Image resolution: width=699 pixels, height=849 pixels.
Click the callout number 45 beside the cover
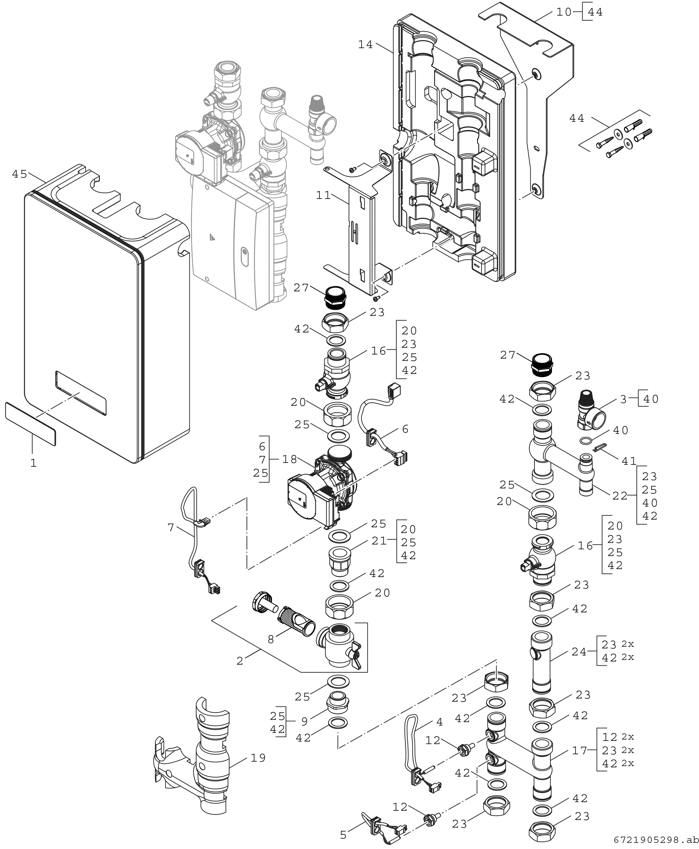(x=19, y=174)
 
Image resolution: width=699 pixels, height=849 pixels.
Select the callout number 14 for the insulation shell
(x=366, y=45)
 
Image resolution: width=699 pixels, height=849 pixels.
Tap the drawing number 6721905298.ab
(x=656, y=840)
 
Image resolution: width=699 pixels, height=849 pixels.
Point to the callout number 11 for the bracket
(x=323, y=196)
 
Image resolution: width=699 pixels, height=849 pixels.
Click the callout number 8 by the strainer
(x=271, y=640)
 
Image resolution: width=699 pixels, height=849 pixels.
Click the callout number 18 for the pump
(x=289, y=459)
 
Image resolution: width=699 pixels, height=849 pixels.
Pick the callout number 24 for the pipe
(x=579, y=652)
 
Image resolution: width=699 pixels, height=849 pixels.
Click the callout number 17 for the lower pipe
(x=580, y=750)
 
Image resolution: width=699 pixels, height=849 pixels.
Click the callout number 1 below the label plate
(x=33, y=463)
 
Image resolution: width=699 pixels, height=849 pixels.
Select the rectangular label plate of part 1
(x=30, y=423)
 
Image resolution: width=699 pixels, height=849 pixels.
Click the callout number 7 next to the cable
(x=171, y=527)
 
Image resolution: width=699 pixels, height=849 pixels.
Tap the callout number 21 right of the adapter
(x=379, y=541)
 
